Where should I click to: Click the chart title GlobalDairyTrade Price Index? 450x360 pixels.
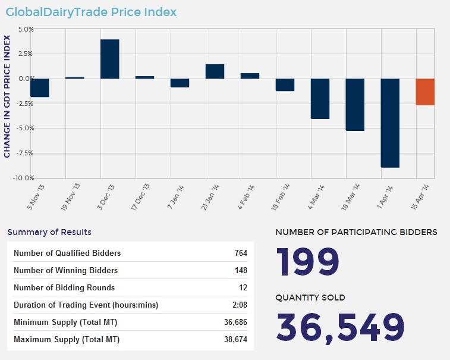(91, 12)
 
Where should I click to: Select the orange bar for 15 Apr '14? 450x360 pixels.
(425, 92)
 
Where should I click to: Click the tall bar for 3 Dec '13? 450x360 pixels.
(110, 59)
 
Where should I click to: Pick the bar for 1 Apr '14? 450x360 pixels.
(390, 123)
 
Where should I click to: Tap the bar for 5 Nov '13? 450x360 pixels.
(40, 87)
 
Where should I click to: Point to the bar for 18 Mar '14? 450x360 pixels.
(355, 105)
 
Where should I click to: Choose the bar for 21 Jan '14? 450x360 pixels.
(215, 71)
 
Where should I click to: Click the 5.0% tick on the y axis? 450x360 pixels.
(26, 29)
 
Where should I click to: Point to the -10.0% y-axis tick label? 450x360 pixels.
(24, 178)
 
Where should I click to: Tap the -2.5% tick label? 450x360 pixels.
(25, 104)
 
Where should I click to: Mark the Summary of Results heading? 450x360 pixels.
(49, 232)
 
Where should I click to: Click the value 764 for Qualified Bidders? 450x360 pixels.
(241, 253)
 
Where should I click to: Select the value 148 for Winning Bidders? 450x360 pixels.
(241, 270)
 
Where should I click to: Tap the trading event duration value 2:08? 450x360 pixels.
(240, 305)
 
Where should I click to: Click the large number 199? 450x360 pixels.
(308, 260)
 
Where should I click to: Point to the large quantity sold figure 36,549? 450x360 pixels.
(341, 326)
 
